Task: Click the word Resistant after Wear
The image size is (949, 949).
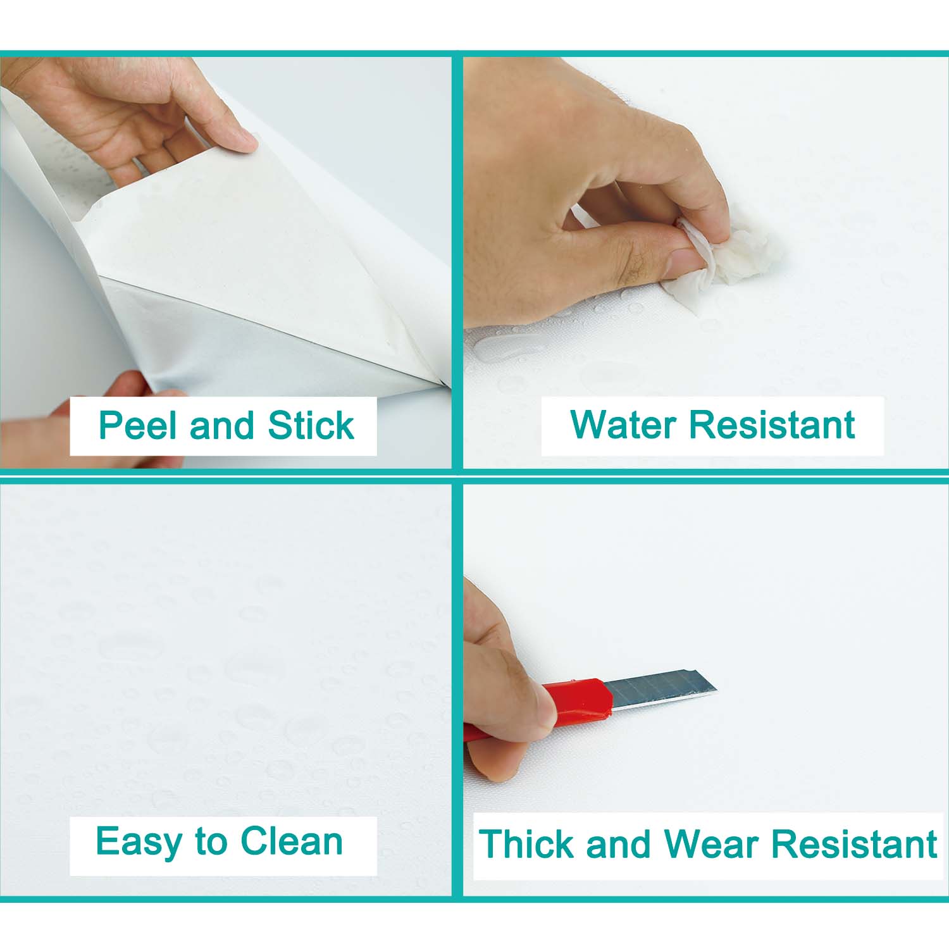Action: (854, 844)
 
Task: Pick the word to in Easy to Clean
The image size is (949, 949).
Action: (211, 843)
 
